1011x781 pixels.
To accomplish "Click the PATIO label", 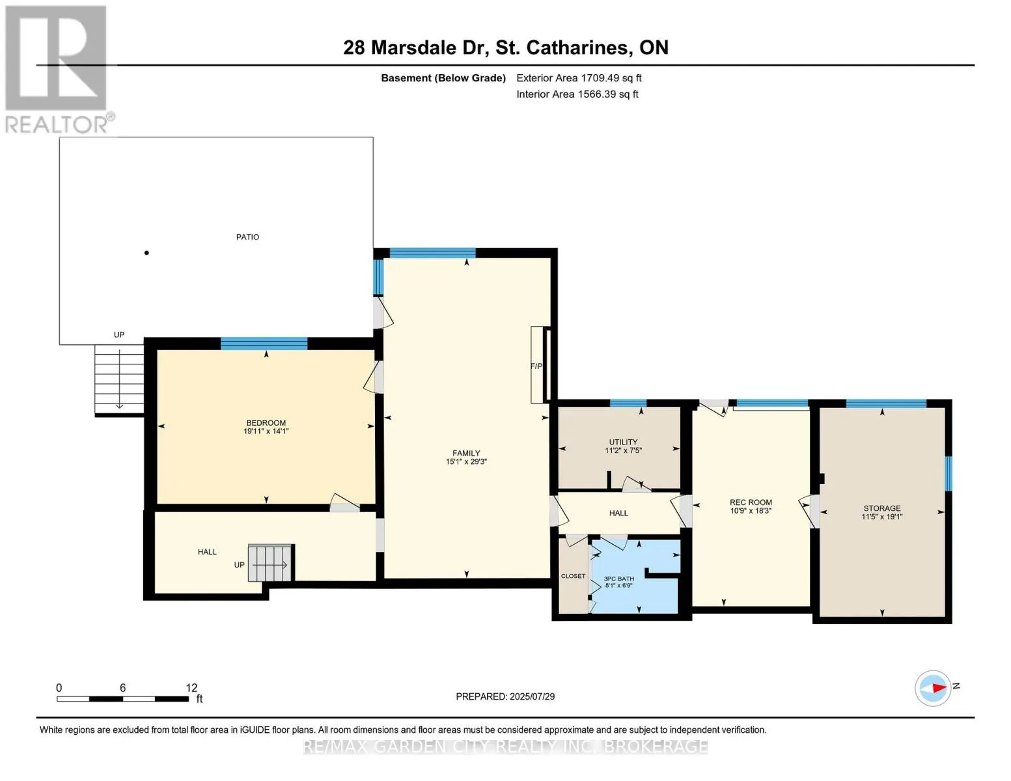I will [247, 237].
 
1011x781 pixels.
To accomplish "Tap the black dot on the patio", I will [146, 253].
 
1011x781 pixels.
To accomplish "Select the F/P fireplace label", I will [536, 366].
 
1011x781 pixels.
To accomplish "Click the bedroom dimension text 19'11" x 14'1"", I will [266, 432].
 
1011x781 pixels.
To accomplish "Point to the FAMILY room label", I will [466, 453].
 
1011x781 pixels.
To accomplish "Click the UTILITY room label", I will [623, 442].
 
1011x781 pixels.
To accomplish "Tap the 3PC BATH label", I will [618, 579].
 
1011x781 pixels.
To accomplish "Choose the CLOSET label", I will [573, 576].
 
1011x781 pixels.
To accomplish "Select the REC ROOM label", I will [751, 502].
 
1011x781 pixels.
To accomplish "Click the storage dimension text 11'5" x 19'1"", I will [881, 517].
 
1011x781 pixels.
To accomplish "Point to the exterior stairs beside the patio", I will [119, 379].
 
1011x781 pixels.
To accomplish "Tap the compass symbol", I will [933, 688].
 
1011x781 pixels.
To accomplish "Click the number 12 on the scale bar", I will [191, 688].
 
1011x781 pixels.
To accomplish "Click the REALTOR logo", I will [57, 68].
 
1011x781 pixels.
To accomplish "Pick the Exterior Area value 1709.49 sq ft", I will [611, 78].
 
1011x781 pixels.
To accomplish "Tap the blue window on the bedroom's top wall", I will [264, 344].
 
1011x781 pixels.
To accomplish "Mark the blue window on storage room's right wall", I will [949, 473].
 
